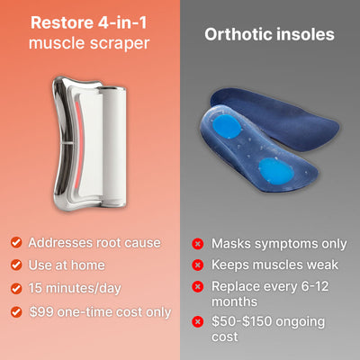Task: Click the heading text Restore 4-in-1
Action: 89,22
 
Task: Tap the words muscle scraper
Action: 89,42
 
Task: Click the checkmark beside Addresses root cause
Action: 16,243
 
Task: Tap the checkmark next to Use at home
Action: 16,265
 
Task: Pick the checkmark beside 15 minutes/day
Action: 16,289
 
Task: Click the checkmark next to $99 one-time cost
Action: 16,312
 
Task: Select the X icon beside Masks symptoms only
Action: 197,244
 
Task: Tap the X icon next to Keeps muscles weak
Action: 197,265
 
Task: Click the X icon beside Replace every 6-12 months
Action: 197,288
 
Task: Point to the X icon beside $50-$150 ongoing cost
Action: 197,321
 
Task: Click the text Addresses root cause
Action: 94,243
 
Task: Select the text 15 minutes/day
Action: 78,289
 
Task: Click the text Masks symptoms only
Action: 278,244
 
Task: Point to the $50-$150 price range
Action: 246,321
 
